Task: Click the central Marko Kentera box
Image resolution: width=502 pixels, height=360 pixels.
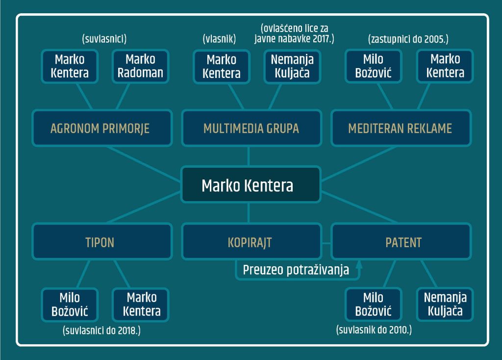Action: point(251,184)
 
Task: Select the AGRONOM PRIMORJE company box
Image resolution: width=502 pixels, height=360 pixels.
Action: point(102,128)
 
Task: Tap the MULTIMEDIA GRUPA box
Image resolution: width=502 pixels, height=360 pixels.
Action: point(251,128)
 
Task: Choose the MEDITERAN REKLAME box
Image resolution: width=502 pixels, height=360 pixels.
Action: point(401,128)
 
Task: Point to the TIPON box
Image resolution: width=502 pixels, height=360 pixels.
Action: point(102,241)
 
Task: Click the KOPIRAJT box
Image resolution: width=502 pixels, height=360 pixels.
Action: point(251,241)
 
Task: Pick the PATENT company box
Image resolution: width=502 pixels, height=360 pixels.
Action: point(401,241)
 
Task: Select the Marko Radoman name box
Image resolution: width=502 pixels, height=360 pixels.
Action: point(141,66)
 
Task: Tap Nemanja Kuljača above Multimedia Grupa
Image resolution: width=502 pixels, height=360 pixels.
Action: point(292,67)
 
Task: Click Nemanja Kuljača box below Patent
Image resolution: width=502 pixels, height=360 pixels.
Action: point(445,304)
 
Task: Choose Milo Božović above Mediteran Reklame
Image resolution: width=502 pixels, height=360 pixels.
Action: point(373,66)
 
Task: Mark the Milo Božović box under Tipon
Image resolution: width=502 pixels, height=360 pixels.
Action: point(70,305)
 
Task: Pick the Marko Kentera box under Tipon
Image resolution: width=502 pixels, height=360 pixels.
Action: point(141,305)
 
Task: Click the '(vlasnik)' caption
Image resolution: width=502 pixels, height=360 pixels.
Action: point(219,39)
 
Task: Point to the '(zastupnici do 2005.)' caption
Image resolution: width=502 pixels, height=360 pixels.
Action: point(408,39)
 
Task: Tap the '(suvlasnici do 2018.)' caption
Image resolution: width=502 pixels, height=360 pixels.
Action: point(101,330)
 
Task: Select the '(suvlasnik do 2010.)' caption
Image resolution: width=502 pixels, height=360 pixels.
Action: point(374,330)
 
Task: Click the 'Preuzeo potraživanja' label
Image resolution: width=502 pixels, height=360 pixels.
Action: point(296,270)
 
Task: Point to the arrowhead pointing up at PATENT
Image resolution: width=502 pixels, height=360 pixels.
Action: point(359,264)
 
